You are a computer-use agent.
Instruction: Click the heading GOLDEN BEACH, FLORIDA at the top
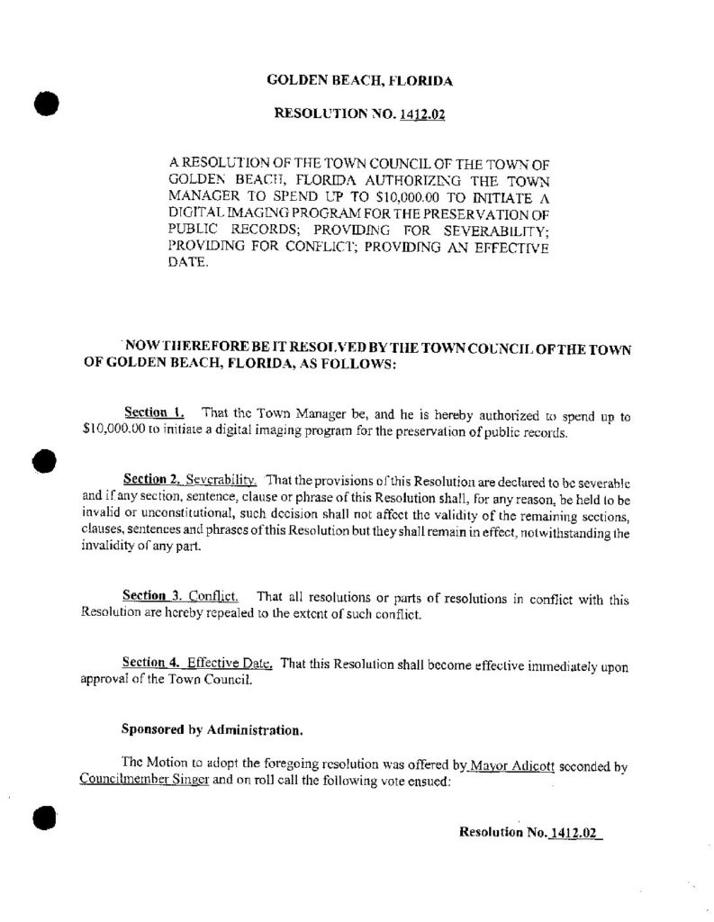360,80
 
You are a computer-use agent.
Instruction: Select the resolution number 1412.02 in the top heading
422,115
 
